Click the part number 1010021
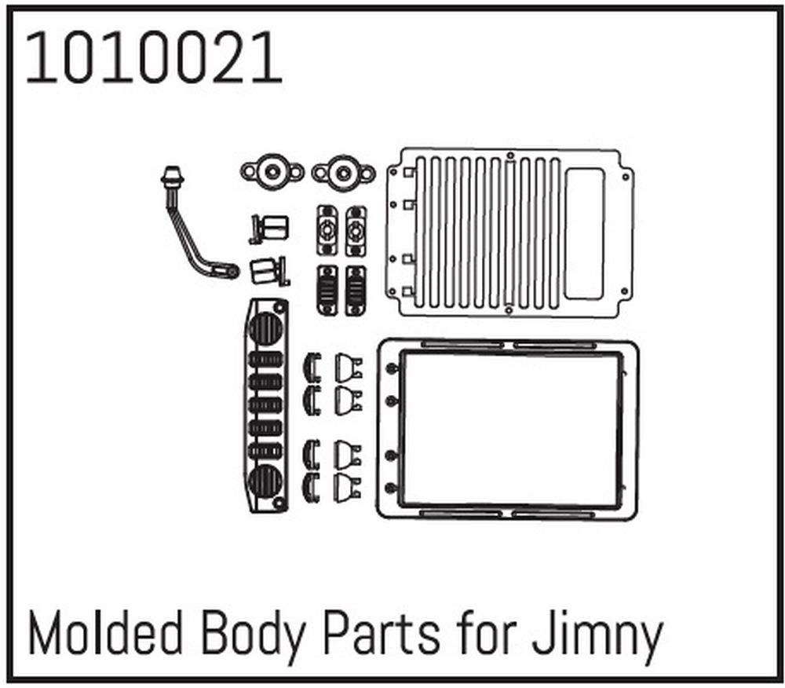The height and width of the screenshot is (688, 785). coord(154,59)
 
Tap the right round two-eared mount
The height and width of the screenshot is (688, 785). coord(343,170)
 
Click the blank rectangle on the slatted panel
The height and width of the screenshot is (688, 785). coord(584,234)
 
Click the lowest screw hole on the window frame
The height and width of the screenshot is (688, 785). coord(390,488)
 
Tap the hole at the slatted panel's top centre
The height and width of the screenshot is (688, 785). coord(510,156)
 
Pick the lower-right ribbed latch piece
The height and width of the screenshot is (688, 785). coord(356,290)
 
